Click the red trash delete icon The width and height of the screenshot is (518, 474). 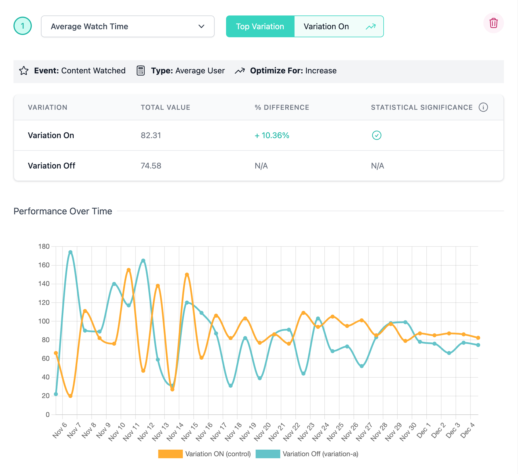tap(493, 23)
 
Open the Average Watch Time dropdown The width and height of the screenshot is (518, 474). tap(127, 26)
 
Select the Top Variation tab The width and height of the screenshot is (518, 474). tap(260, 26)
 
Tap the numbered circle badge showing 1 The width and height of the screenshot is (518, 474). tap(23, 26)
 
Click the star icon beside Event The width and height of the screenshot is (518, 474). tap(24, 70)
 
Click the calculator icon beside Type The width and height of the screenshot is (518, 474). tap(140, 70)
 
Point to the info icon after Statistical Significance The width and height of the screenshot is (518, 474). tap(483, 107)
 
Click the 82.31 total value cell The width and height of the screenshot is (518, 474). tap(151, 135)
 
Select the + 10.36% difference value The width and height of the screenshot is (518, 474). tap(272, 135)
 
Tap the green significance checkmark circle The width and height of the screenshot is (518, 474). tap(376, 135)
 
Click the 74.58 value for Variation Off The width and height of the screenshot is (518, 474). tap(151, 166)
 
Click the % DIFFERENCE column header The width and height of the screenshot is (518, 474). tap(282, 107)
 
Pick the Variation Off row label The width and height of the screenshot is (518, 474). tap(52, 166)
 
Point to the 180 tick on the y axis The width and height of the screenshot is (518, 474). tap(44, 246)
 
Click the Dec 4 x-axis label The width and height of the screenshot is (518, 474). tap(468, 430)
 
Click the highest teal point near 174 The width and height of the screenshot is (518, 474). tap(70, 252)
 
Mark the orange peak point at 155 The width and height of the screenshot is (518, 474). tap(129, 270)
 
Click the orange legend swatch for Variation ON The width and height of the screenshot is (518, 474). tap(170, 454)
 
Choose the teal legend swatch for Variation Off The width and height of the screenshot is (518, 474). tap(268, 454)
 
